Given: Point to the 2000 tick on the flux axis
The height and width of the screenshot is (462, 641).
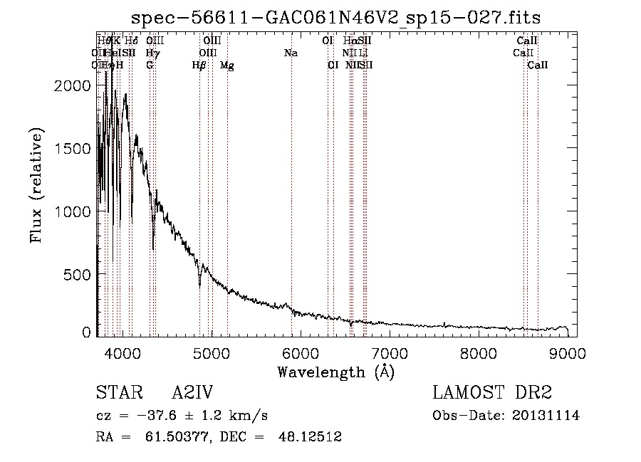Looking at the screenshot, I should point(74,85).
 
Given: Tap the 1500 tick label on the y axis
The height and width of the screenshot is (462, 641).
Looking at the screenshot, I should point(74,148).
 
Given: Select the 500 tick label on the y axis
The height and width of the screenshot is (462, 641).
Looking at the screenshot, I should point(80,275).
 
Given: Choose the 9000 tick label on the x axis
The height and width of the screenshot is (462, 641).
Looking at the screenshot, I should point(568,352).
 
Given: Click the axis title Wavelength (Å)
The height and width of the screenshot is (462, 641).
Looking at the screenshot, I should point(335,372).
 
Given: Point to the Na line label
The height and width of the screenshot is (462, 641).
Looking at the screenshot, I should point(291,53).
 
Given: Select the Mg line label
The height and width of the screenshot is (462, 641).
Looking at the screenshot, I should point(226,65).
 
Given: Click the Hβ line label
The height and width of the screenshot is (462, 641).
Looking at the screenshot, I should point(199,65).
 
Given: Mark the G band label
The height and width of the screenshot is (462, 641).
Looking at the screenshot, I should point(150,65).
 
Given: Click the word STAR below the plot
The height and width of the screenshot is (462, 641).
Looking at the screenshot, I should point(119,394).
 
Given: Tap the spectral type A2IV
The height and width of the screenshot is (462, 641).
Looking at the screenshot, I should point(192,394).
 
